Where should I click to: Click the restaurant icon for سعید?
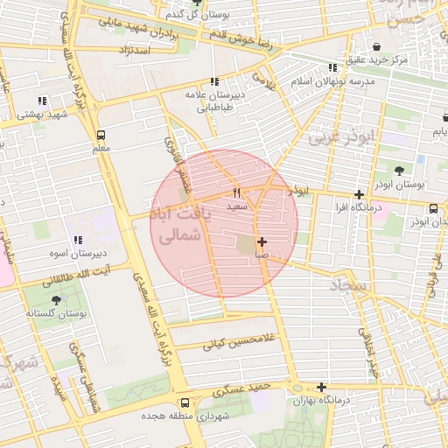tap(236, 192)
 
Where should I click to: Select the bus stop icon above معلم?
tap(101, 136)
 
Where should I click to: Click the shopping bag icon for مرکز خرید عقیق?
tap(376, 46)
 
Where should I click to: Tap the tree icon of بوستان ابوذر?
tap(400, 171)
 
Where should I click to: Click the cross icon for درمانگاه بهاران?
tap(322, 387)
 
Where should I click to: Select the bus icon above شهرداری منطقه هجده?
tap(185, 403)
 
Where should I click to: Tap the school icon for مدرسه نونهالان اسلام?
tap(332, 67)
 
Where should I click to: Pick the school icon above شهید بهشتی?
tap(42, 101)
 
